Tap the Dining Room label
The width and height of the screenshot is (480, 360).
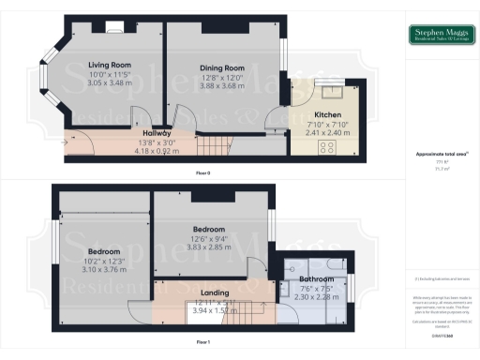click(x=221, y=68)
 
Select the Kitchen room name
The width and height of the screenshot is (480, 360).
click(x=329, y=114)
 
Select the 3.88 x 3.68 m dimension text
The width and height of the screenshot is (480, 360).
click(x=221, y=85)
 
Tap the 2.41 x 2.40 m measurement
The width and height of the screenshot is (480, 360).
click(x=329, y=132)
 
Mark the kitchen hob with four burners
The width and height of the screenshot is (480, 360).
click(x=330, y=145)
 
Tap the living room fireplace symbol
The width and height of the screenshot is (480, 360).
click(x=113, y=27)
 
